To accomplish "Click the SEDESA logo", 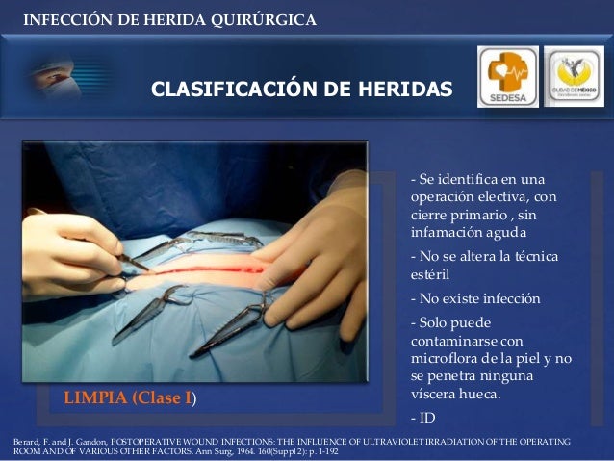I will [x=507, y=76].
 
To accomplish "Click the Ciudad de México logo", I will [x=574, y=76].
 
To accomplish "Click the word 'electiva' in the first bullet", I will [x=497, y=197].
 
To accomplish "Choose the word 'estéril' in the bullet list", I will [x=429, y=277].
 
